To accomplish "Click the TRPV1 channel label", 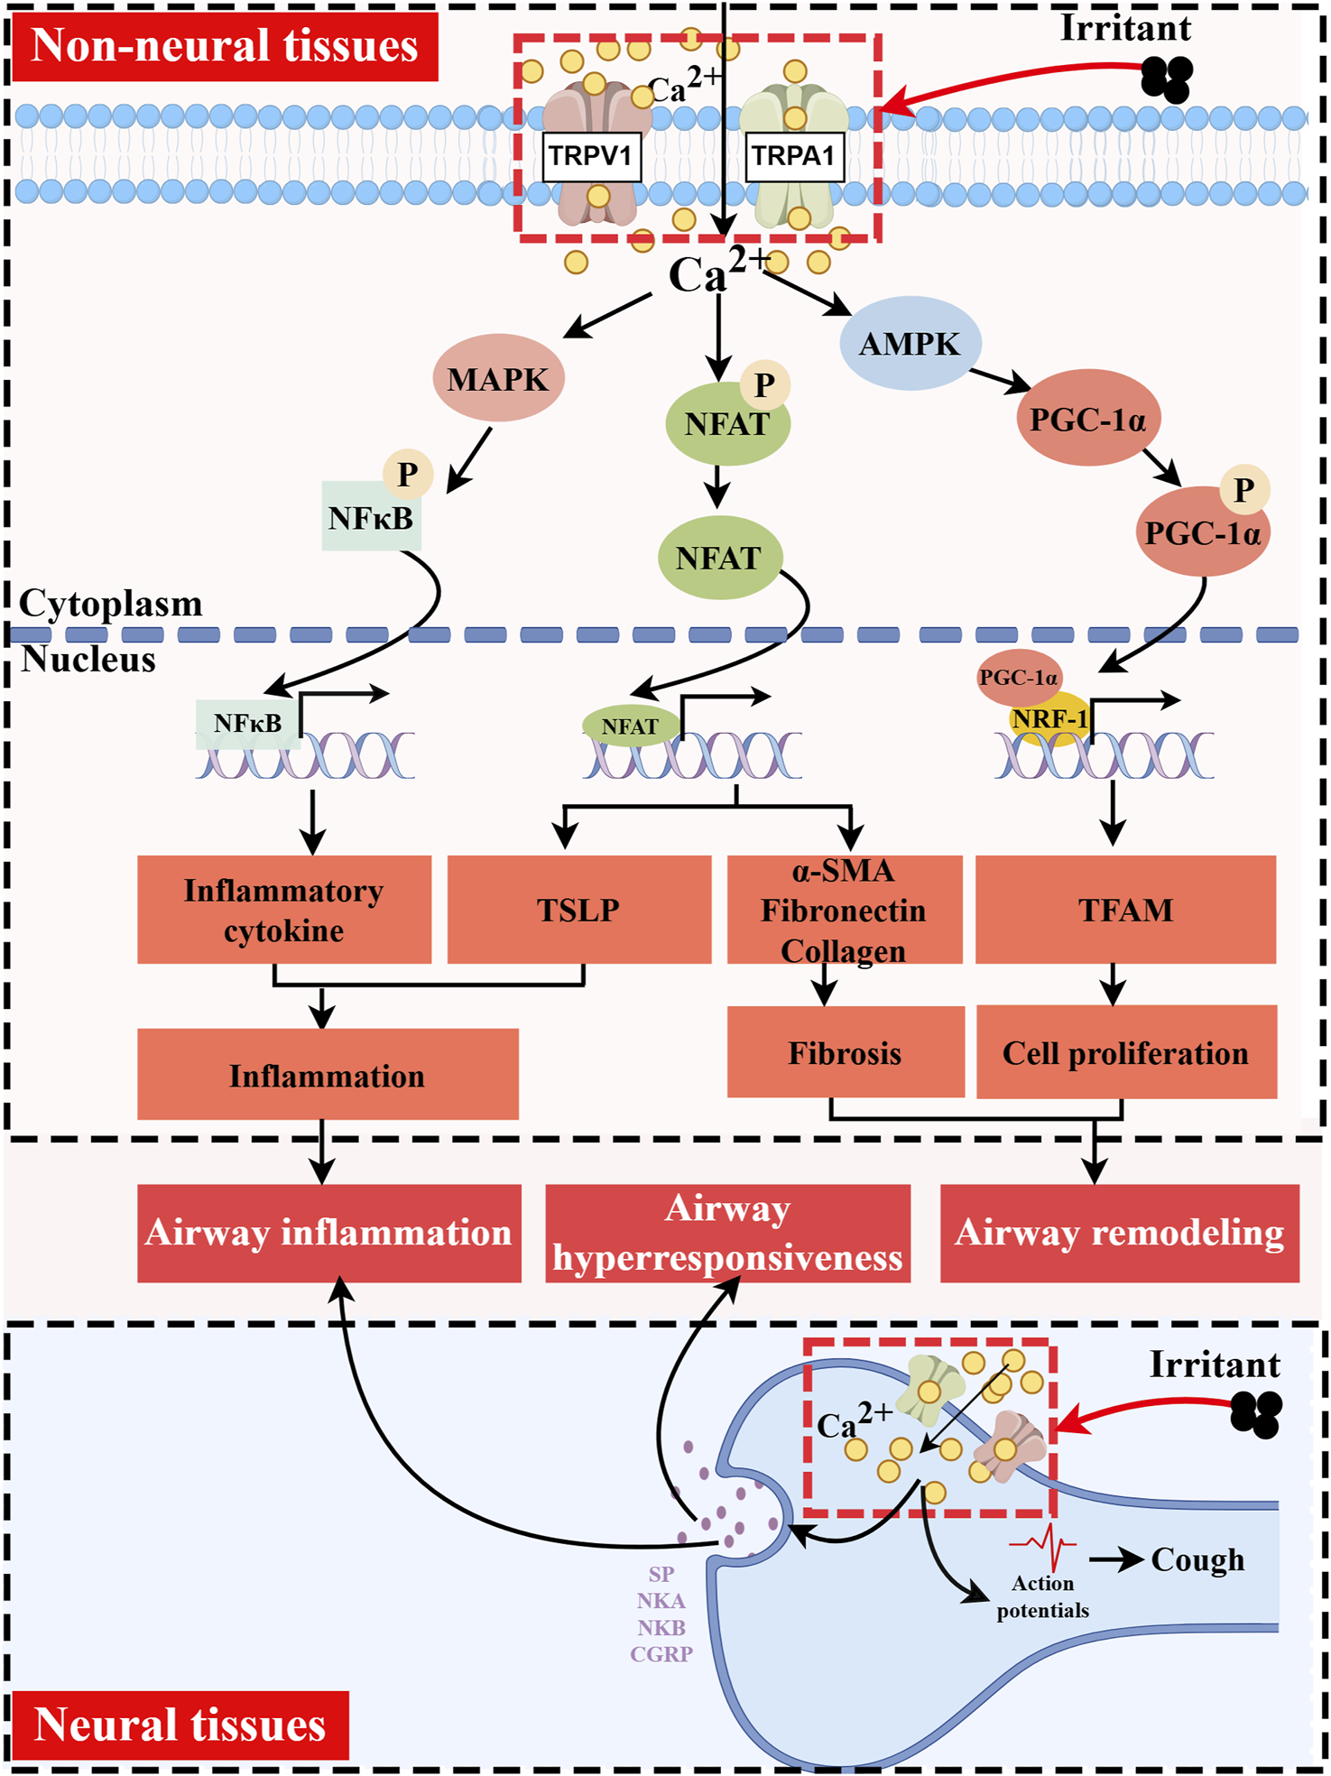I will [x=591, y=156].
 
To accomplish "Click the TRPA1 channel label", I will [x=793, y=156].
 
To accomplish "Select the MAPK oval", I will [x=498, y=378].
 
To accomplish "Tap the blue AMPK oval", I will [x=910, y=344].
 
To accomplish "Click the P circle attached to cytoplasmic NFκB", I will [x=408, y=475].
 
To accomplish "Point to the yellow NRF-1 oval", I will [x=1049, y=718].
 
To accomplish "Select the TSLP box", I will [x=578, y=910].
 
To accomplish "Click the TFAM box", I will [x=1125, y=910].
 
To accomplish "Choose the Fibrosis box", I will [x=845, y=1052].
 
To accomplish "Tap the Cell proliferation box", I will [x=1125, y=1052].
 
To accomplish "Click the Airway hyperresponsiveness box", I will [x=727, y=1233].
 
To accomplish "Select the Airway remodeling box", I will [x=1119, y=1233].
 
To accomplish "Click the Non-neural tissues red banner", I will [x=225, y=46].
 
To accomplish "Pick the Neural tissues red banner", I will [x=180, y=1724].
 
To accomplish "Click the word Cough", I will [x=1197, y=1559].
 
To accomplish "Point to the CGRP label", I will [x=661, y=1654].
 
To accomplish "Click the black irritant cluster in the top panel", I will [x=1167, y=79].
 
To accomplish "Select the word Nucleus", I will [x=88, y=660].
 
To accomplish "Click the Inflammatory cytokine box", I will [x=283, y=910].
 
